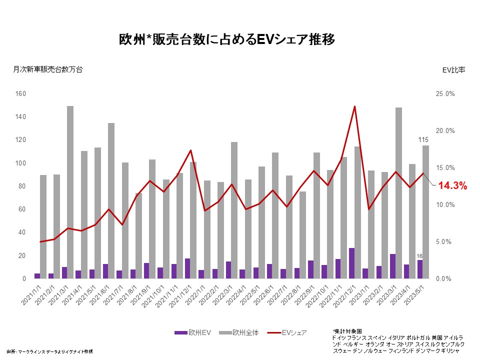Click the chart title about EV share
[226, 39]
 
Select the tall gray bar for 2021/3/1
[70, 190]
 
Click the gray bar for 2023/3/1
[398, 190]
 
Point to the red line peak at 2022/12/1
[354, 106]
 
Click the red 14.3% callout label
[452, 186]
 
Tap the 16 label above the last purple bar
[420, 255]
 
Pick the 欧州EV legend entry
[188, 332]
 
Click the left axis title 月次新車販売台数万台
[47, 70]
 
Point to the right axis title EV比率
[453, 70]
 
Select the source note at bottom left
[50, 351]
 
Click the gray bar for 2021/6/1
[111, 200]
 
